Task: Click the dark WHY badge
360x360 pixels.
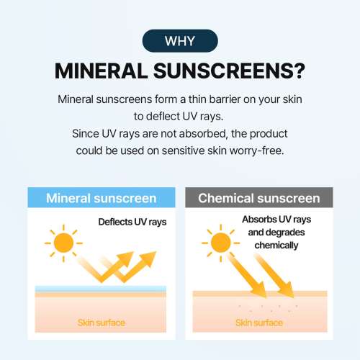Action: coord(179,40)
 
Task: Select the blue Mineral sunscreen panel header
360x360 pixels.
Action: coord(101,198)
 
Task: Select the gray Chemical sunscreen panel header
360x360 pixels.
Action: coord(258,198)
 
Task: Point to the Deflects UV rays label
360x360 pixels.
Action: coord(132,222)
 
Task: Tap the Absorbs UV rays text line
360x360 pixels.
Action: coord(276,220)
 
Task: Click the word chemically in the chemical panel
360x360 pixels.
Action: coord(276,246)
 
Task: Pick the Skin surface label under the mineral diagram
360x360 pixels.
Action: coord(101,322)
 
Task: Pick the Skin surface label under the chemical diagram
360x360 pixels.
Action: coord(258,322)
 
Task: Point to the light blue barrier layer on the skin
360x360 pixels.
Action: coord(101,289)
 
